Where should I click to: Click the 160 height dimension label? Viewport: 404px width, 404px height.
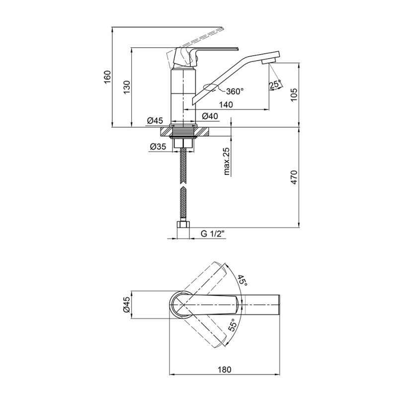107,77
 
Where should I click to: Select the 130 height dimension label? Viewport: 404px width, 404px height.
127,87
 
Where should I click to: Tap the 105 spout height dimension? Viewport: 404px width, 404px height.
294,95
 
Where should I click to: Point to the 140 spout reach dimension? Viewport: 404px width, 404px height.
226,105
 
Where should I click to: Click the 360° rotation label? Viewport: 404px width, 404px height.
235,91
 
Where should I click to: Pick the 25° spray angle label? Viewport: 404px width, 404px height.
275,84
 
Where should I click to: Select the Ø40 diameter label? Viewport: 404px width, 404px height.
210,116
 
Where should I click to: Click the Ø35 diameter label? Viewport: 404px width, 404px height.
158,147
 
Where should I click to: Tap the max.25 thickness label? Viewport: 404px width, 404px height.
227,162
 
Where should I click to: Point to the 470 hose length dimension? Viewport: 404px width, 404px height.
294,177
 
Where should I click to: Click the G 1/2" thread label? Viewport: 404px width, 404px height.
213,234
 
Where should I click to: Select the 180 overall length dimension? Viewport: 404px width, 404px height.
225,370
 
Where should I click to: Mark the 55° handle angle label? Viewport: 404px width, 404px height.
232,324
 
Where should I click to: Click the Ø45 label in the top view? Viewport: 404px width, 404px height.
126,305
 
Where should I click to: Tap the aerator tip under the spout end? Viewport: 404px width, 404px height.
269,62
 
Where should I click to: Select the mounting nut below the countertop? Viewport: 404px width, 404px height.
183,143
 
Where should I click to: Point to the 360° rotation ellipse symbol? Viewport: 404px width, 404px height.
211,87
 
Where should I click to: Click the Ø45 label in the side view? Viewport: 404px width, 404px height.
155,120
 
